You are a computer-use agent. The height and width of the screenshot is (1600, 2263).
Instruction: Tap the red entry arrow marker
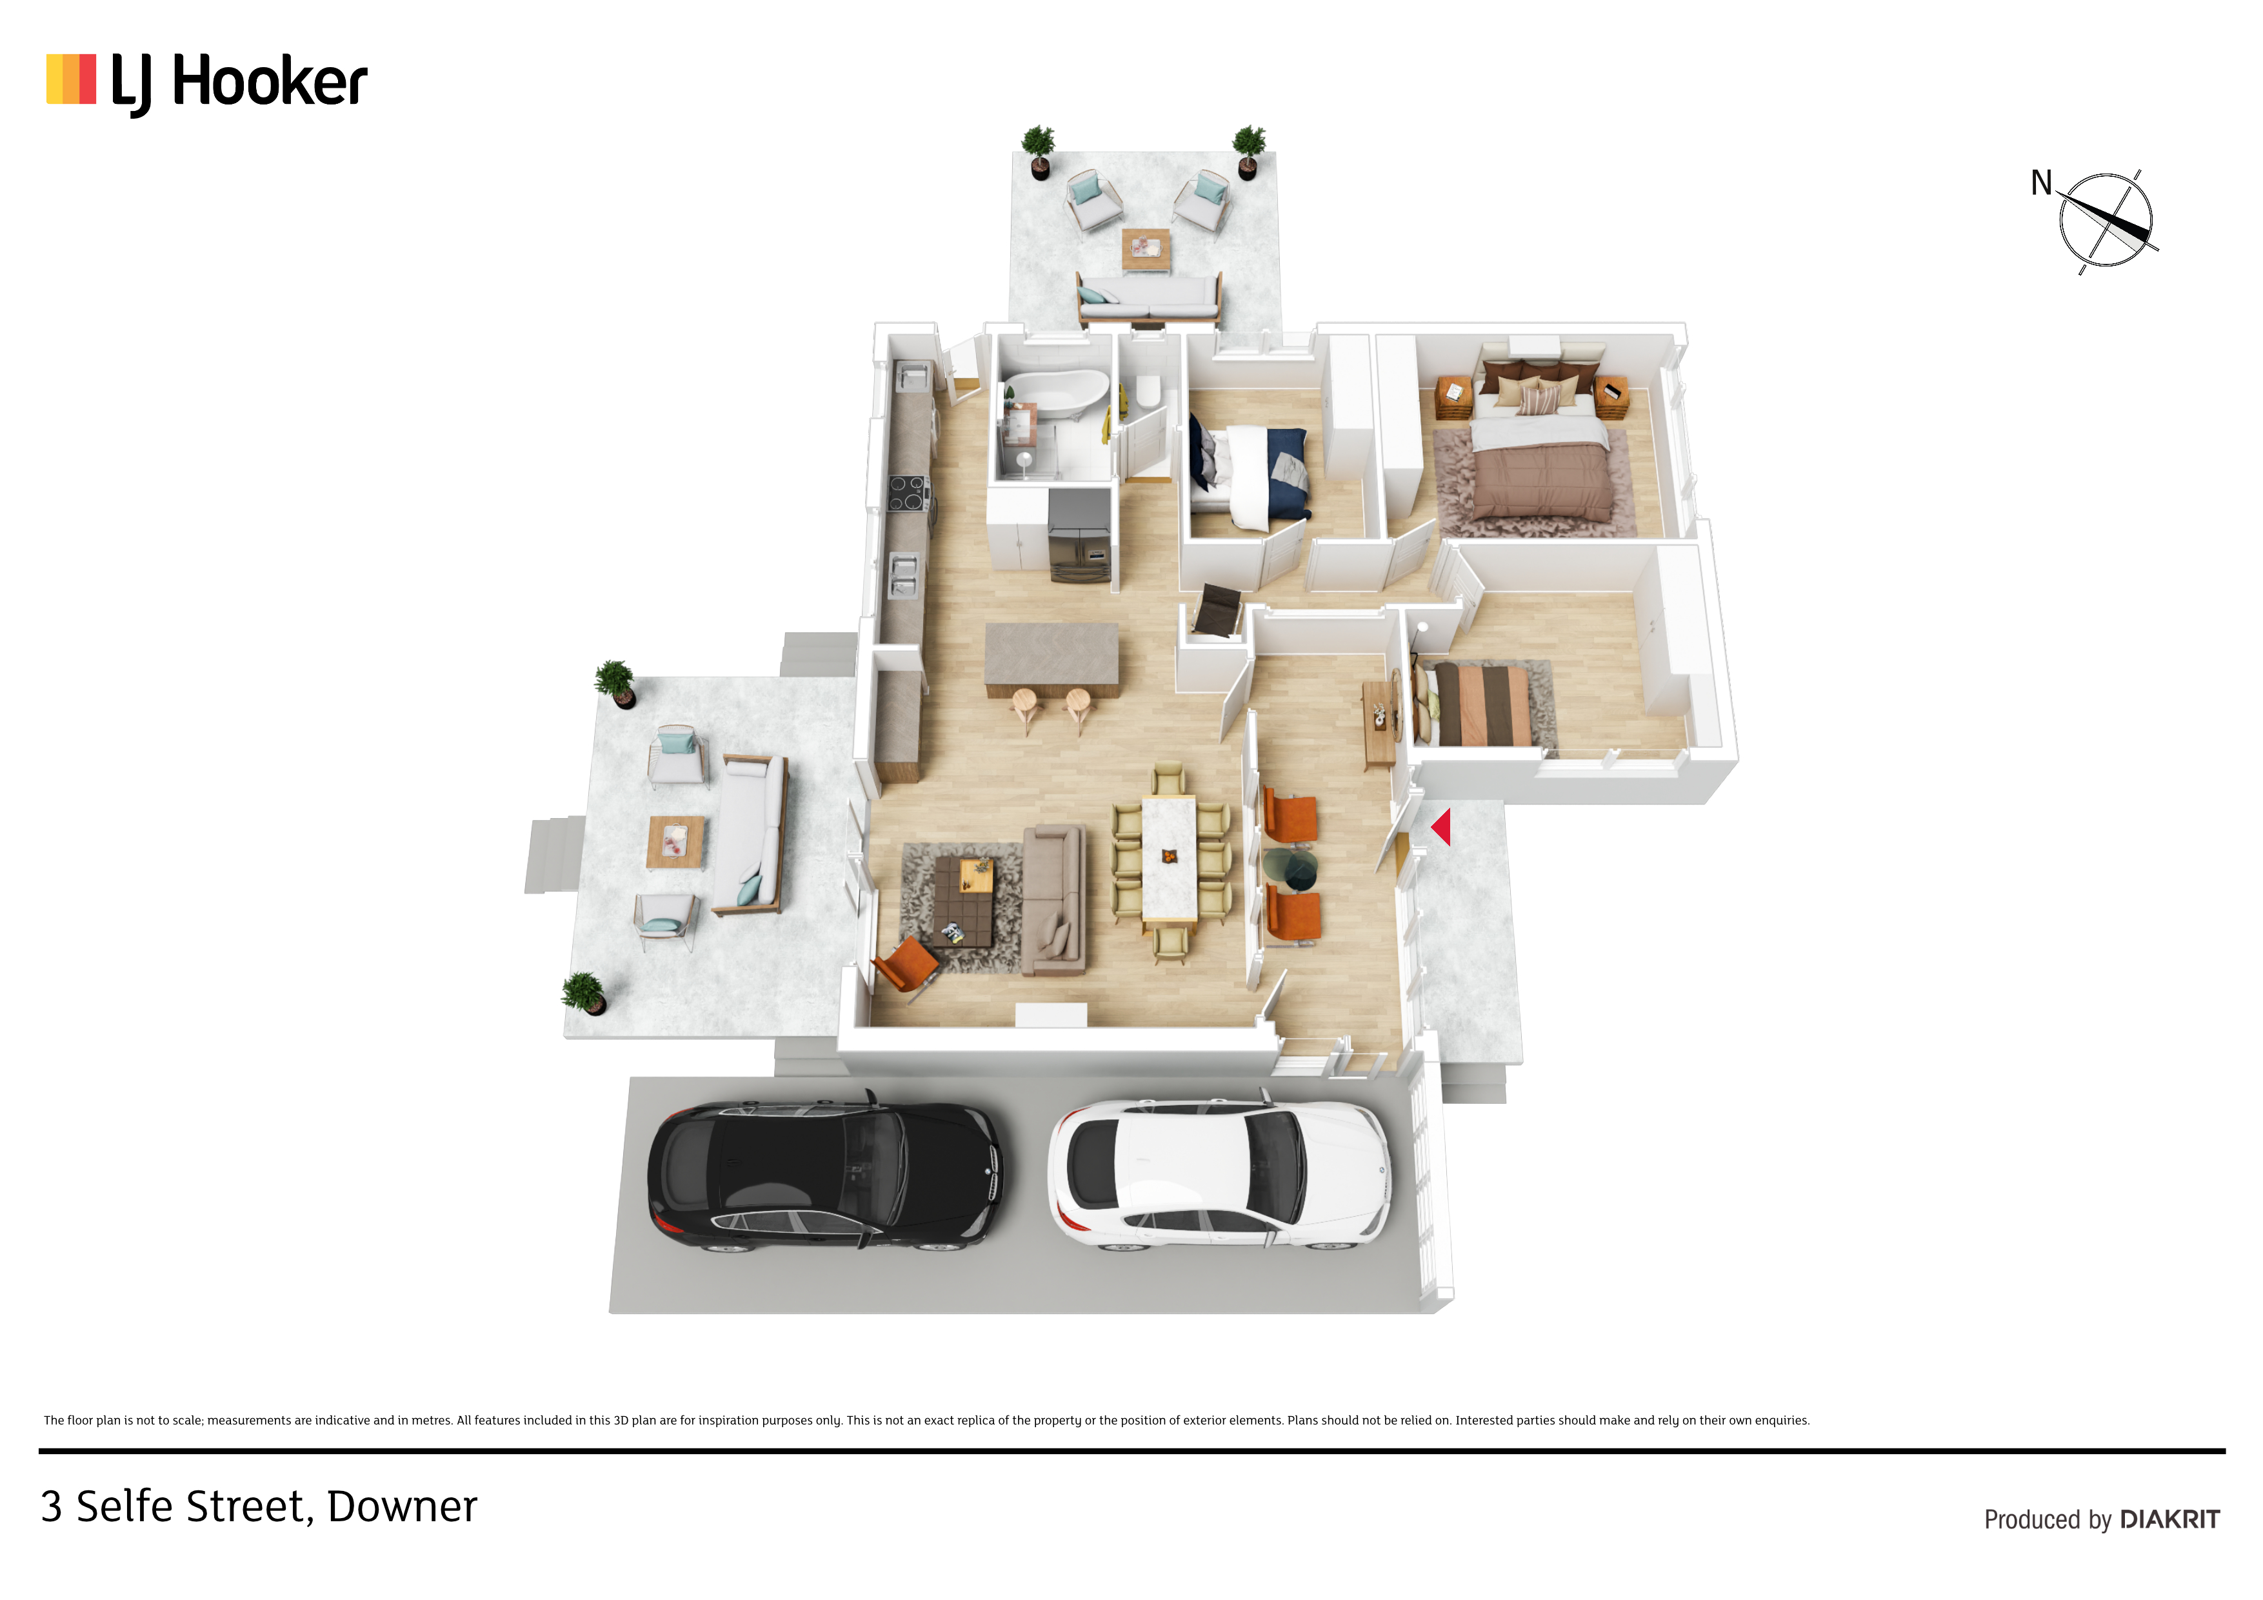pyautogui.click(x=1441, y=827)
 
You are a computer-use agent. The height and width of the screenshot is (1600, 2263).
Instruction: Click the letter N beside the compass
pyautogui.click(x=2041, y=183)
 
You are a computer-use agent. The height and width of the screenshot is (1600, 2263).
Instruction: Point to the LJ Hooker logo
pyautogui.click(x=207, y=82)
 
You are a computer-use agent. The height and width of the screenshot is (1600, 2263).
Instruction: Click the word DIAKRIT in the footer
pyautogui.click(x=2169, y=1520)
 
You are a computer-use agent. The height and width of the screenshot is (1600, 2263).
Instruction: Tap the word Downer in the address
pyautogui.click(x=402, y=1506)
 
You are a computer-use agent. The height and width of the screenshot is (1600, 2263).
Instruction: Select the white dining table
pyautogui.click(x=1169, y=859)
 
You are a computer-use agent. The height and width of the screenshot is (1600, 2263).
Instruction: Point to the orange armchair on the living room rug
pyautogui.click(x=905, y=964)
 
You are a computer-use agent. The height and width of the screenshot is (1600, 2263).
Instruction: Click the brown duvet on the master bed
pyautogui.click(x=1544, y=482)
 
